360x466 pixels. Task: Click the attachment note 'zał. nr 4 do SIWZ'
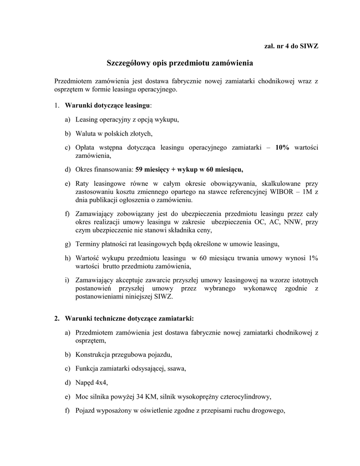pos(291,47)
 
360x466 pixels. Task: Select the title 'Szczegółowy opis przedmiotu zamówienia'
pos(180,62)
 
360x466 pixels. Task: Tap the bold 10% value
pos(282,147)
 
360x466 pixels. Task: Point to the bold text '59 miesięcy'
pos(152,170)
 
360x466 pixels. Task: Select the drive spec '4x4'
pos(98,382)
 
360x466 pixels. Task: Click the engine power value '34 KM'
pos(147,396)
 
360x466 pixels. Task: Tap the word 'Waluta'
pos(86,133)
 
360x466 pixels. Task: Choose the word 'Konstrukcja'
pos(92,354)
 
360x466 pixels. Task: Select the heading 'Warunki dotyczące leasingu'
pos(107,106)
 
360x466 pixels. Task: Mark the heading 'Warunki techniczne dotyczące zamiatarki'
pos(129,318)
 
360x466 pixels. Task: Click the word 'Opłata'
pos(85,147)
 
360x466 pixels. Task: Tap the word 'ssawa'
pos(177,368)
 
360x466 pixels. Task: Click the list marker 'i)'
pos(67,280)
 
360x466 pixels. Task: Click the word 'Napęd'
pos(85,382)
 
